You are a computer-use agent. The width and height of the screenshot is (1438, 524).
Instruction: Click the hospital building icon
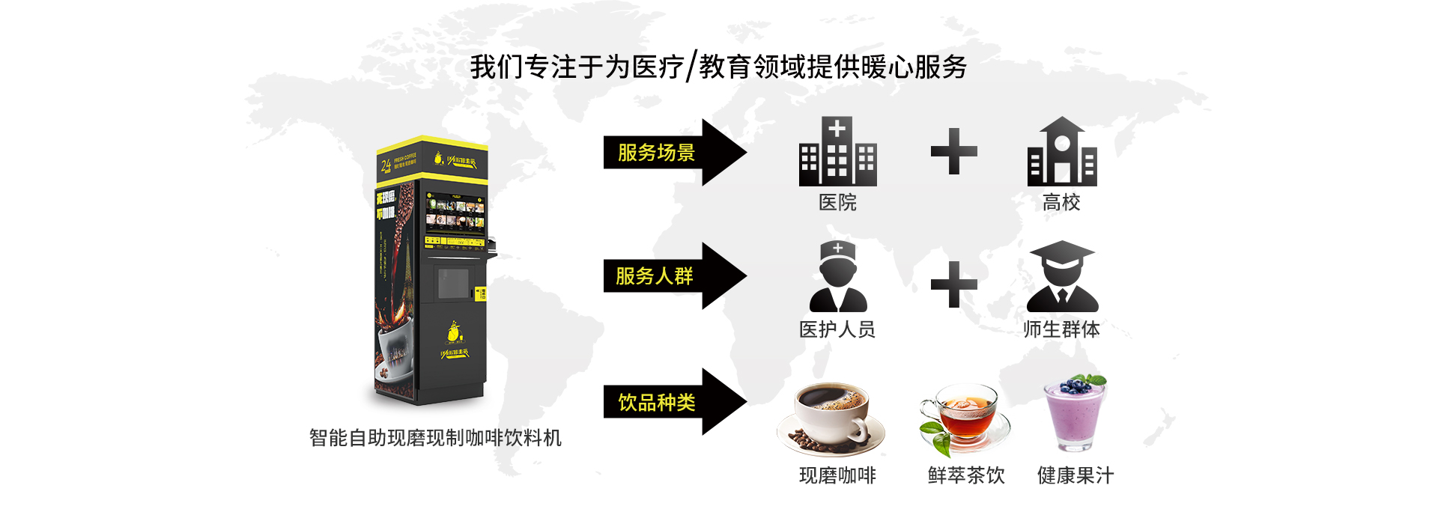tap(837, 152)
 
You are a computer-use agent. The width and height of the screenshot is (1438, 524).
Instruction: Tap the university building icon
tap(1061, 152)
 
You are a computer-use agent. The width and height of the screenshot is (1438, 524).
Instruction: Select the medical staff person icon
tap(838, 277)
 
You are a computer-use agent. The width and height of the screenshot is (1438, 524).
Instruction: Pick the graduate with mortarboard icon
tap(1062, 277)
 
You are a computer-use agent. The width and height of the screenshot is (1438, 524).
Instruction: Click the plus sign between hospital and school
tap(953, 151)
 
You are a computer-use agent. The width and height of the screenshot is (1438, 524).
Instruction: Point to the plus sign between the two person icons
tap(953, 284)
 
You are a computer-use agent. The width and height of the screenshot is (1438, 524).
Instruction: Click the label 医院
tap(837, 202)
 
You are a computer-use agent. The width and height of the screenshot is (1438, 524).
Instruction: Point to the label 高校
tap(1061, 202)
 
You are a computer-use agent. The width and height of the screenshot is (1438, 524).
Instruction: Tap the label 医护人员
tap(837, 329)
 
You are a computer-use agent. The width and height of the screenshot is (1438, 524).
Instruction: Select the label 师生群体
tap(1061, 329)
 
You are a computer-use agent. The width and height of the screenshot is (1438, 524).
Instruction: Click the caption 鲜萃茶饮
tap(966, 475)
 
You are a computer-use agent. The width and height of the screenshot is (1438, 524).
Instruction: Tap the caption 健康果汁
tap(1076, 475)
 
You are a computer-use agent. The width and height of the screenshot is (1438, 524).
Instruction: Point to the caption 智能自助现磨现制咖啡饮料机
tap(435, 438)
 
